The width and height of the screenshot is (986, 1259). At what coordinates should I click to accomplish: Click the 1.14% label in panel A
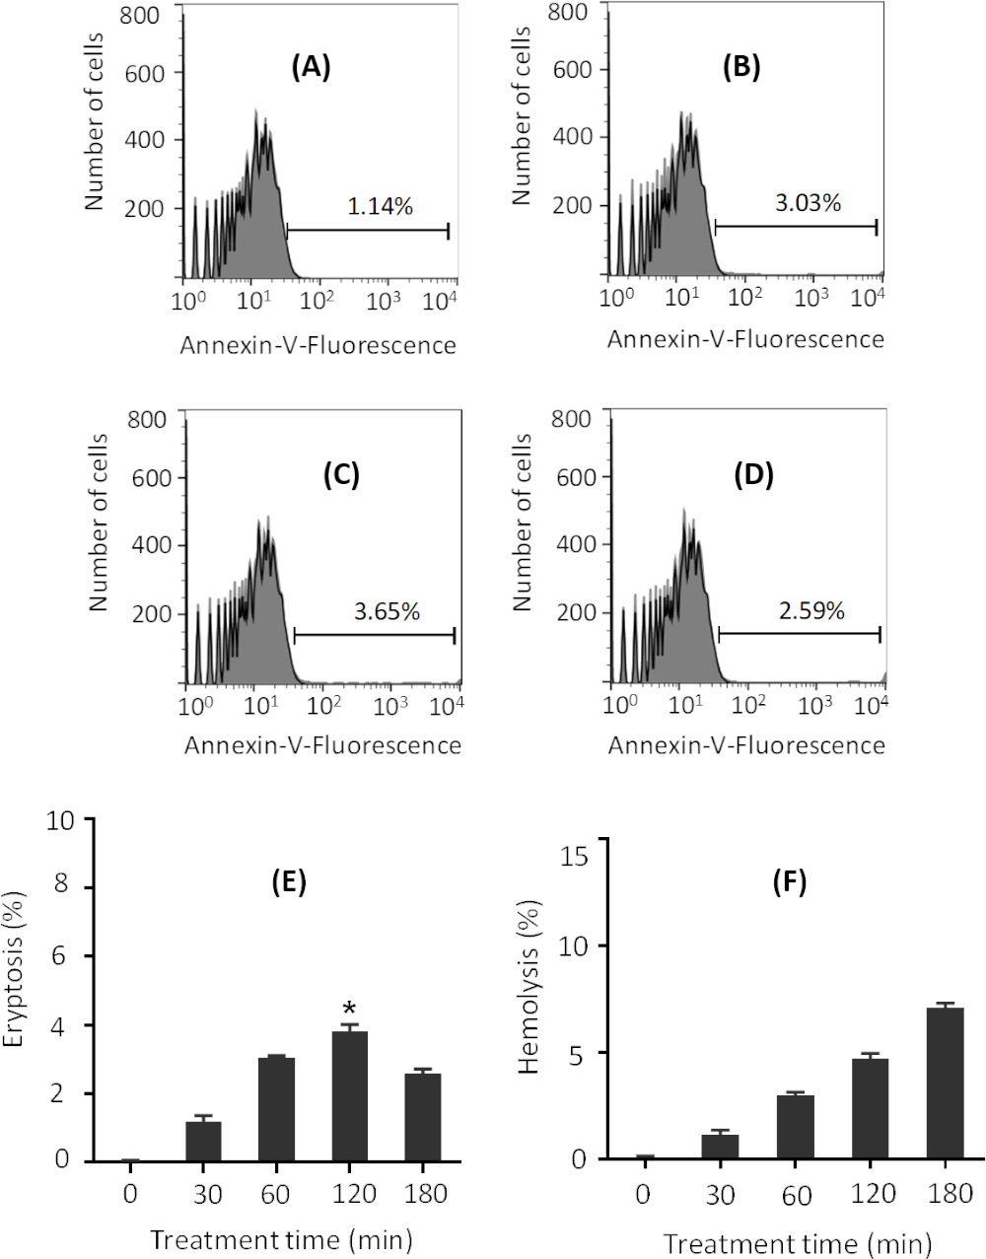coord(380,207)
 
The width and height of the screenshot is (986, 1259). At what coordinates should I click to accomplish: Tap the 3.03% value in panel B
coord(808,203)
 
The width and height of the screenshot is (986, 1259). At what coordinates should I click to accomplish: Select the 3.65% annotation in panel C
coord(387,611)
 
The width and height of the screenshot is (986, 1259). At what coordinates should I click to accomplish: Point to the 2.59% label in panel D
coord(811,610)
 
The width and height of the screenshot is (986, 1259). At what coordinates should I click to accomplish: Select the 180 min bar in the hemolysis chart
coord(945,1084)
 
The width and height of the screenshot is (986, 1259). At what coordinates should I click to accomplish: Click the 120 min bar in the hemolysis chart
coord(870,1108)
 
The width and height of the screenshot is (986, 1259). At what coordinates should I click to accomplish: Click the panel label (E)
coord(289,881)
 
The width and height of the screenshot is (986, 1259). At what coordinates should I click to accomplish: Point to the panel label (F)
coord(789,881)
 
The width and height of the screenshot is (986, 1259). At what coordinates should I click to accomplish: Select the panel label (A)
coord(311,67)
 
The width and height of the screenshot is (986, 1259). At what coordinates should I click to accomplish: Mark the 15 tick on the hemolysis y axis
coord(575,856)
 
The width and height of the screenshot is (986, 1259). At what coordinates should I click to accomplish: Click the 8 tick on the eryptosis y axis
coord(61,886)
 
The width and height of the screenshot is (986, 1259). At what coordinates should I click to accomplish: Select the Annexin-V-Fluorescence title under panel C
coord(322,745)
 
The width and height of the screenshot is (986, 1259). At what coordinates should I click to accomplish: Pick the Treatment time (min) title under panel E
coord(281,1239)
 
